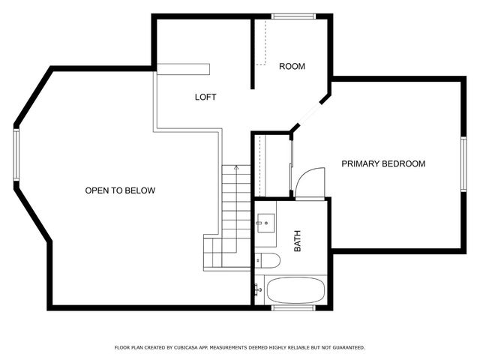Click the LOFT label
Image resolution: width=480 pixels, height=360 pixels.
point(205,97)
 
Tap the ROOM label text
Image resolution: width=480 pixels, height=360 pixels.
point(292,67)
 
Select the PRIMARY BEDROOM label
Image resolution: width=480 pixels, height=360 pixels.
point(383,163)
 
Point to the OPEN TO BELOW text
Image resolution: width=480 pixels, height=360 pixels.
point(120,190)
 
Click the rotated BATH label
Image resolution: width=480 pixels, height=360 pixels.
point(297,241)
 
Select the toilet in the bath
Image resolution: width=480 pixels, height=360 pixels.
point(267,260)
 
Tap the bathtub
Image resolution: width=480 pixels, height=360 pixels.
point(295,290)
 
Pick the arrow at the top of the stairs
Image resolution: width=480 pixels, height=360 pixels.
point(235,168)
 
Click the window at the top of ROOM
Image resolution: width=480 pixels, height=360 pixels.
point(292,16)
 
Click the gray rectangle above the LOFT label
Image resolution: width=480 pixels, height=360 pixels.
point(183,69)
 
